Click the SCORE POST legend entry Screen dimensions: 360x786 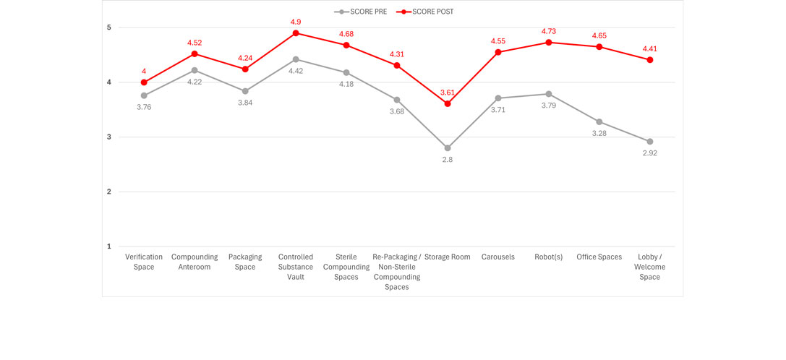pos(428,12)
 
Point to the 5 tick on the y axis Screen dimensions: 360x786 pos(109,27)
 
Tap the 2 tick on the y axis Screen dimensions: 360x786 pos(109,192)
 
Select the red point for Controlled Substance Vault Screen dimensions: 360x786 pos(296,33)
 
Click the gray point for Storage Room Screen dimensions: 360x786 pos(448,147)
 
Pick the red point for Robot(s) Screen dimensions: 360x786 pos(549,42)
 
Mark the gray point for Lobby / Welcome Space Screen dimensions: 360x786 pos(650,142)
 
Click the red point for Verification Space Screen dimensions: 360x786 pos(144,82)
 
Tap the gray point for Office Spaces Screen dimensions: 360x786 pos(599,121)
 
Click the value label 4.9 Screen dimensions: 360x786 pos(296,21)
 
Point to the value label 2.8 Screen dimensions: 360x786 pos(448,160)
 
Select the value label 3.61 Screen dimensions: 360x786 pos(448,92)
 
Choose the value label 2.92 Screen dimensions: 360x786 pos(650,153)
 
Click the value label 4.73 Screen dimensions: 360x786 pos(549,30)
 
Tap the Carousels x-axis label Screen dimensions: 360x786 pos(498,257)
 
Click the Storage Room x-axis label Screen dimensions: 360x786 pos(448,257)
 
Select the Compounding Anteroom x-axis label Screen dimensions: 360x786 pos(195,262)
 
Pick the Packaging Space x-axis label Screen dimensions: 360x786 pos(245,262)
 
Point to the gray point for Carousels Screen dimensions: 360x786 pos(498,98)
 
